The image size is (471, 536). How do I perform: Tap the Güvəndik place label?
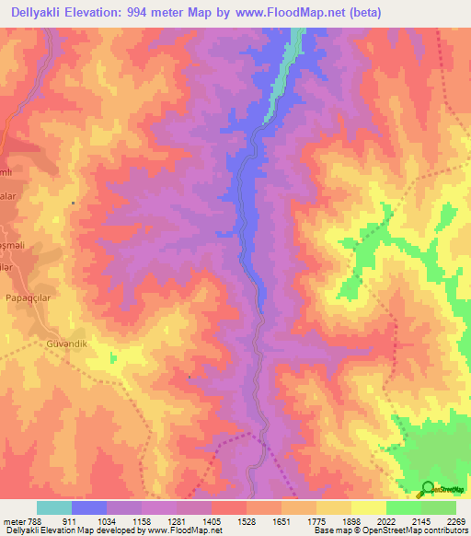tap(65, 344)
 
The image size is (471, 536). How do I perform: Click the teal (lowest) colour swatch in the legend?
tap(54, 507)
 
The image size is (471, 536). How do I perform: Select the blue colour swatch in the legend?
tap(89, 507)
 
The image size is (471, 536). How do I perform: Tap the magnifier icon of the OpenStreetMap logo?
tap(429, 489)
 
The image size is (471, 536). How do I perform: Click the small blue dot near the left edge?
tap(74, 204)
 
